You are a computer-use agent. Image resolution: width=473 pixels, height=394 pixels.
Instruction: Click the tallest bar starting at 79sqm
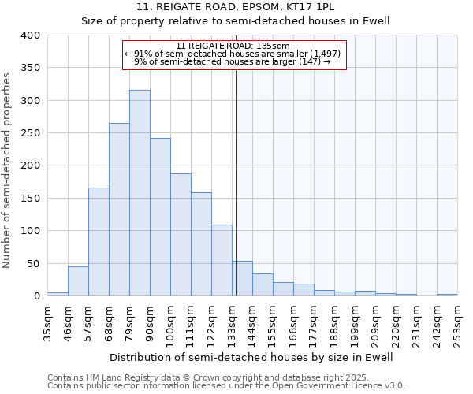tap(140, 193)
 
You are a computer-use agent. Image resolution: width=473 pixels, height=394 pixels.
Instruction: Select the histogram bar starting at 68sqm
tap(119, 210)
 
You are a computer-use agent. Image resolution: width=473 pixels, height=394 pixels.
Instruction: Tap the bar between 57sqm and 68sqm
tap(99, 242)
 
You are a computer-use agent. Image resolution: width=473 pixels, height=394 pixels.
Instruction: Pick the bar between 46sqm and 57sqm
tap(78, 281)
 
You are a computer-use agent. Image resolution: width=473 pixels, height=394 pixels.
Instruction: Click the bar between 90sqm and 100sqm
tap(160, 217)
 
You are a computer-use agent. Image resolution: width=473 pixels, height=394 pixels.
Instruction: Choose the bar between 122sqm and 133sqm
tap(222, 261)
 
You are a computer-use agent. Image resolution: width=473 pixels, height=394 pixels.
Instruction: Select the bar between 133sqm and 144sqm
tap(242, 279)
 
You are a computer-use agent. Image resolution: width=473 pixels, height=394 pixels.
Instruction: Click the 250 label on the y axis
tap(30, 133)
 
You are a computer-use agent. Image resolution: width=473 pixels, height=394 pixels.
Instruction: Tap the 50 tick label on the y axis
tap(33, 263)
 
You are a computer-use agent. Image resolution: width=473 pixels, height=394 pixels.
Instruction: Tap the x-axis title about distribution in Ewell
tap(251, 357)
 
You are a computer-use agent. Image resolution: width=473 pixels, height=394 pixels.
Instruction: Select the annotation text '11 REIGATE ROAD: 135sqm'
tap(234, 46)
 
